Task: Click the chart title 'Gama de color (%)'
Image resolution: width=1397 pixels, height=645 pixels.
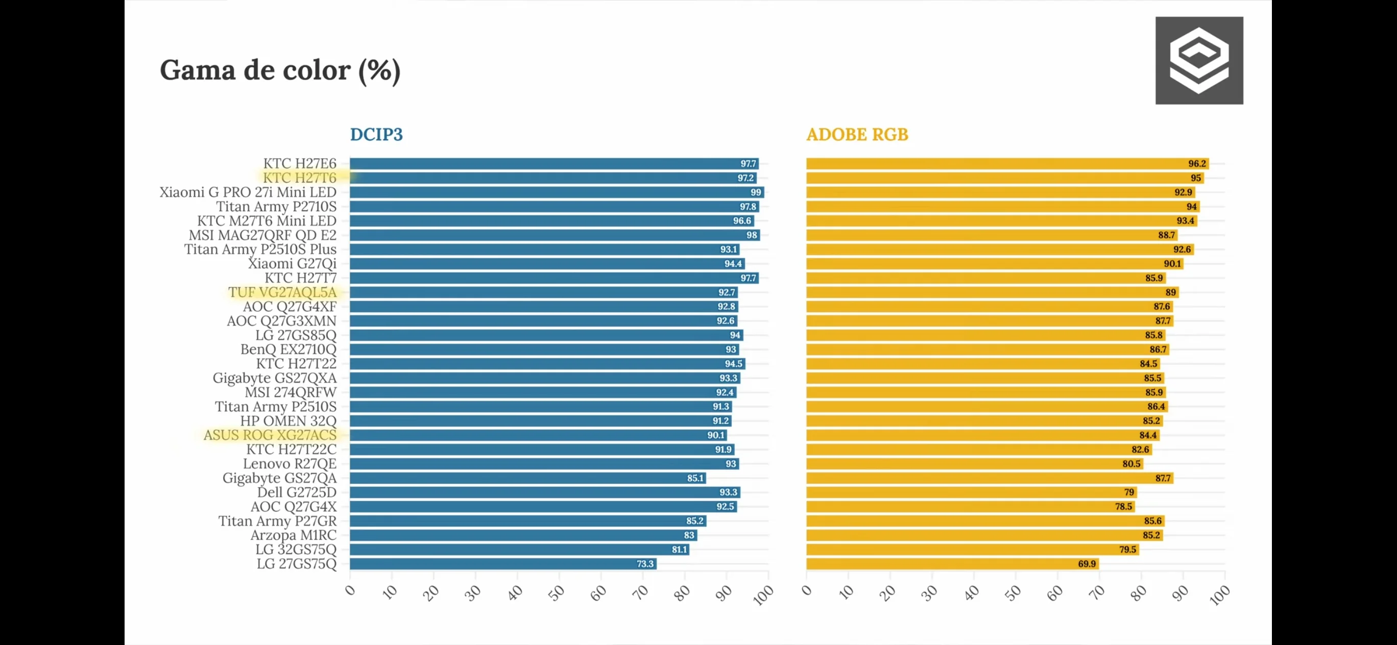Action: coord(280,70)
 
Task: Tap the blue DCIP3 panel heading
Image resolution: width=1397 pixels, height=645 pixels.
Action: coord(376,134)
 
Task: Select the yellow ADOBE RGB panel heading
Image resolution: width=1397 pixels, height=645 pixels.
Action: coord(857,134)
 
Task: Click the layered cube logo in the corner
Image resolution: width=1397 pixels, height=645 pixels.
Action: coord(1199,60)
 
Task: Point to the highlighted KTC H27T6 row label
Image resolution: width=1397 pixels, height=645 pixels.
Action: coord(299,178)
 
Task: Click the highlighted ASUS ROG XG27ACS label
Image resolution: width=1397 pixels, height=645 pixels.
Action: coord(270,435)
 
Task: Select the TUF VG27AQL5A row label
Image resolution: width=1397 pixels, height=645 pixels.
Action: coord(282,292)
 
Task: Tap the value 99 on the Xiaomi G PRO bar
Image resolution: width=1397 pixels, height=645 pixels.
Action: coord(756,192)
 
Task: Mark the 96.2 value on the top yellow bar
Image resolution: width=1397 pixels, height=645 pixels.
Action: coord(1197,164)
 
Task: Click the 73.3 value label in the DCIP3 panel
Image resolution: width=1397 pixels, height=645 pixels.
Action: coord(645,564)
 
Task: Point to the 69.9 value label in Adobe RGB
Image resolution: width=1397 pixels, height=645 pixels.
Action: coord(1087,564)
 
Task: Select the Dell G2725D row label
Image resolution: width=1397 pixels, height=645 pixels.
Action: coord(296,492)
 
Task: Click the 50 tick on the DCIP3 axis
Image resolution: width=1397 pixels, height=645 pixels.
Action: coord(557,593)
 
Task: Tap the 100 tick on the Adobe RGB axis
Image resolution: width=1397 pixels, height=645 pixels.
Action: coord(1220,595)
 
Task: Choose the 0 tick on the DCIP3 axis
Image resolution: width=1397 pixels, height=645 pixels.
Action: coord(350,590)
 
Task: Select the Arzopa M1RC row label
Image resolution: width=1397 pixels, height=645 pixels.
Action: coord(293,535)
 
